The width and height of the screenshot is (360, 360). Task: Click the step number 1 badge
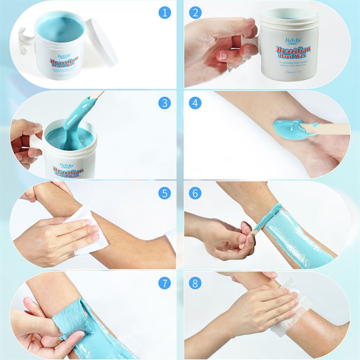pyautogui.click(x=165, y=12)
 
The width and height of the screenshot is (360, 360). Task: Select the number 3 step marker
pyautogui.click(x=165, y=103)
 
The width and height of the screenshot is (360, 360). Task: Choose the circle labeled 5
pyautogui.click(x=165, y=193)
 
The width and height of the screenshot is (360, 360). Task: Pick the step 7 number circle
pyautogui.click(x=165, y=283)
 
